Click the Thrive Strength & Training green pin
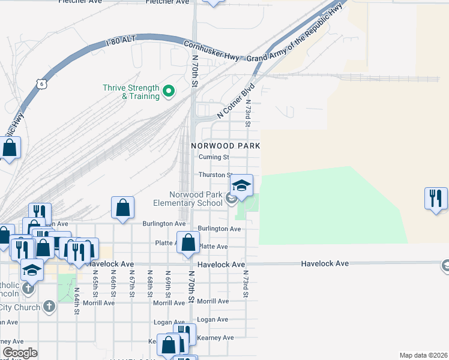(x=169, y=92)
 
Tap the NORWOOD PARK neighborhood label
(x=225, y=146)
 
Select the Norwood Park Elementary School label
(x=187, y=199)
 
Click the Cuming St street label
(x=214, y=157)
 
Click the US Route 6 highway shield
(x=41, y=84)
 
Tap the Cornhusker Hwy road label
(x=212, y=50)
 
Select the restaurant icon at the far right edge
(x=436, y=198)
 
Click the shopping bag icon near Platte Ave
(x=188, y=242)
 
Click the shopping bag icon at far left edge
(x=10, y=148)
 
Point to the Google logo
(x=20, y=353)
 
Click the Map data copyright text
(x=423, y=355)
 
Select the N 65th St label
(x=95, y=284)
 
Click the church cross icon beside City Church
(x=49, y=307)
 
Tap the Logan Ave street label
(x=213, y=320)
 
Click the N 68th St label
(x=150, y=284)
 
